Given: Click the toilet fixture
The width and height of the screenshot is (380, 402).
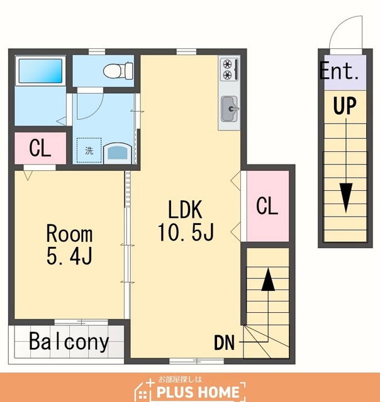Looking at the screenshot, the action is click(x=118, y=70).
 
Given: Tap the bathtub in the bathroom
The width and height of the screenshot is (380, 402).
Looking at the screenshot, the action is click(x=40, y=71).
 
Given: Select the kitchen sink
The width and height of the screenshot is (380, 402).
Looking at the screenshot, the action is click(x=229, y=109).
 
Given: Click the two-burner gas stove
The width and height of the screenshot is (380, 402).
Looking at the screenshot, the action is click(x=229, y=69).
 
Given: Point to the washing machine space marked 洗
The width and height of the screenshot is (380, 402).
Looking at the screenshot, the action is click(x=89, y=150).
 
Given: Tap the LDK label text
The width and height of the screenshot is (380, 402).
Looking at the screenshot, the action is click(x=185, y=209).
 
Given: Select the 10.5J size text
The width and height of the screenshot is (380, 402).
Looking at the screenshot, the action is click(x=186, y=232).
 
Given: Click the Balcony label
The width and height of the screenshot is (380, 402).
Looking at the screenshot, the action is click(x=69, y=341).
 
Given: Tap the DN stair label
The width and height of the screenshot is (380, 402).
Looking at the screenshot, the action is click(x=224, y=343).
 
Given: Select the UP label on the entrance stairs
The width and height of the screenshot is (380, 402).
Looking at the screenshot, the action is click(x=345, y=106).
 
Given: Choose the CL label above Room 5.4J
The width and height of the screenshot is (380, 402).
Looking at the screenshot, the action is click(x=40, y=148).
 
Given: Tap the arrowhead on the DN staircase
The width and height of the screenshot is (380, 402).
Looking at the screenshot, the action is click(x=268, y=280).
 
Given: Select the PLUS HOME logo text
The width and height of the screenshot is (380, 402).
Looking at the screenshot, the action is click(x=198, y=392).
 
